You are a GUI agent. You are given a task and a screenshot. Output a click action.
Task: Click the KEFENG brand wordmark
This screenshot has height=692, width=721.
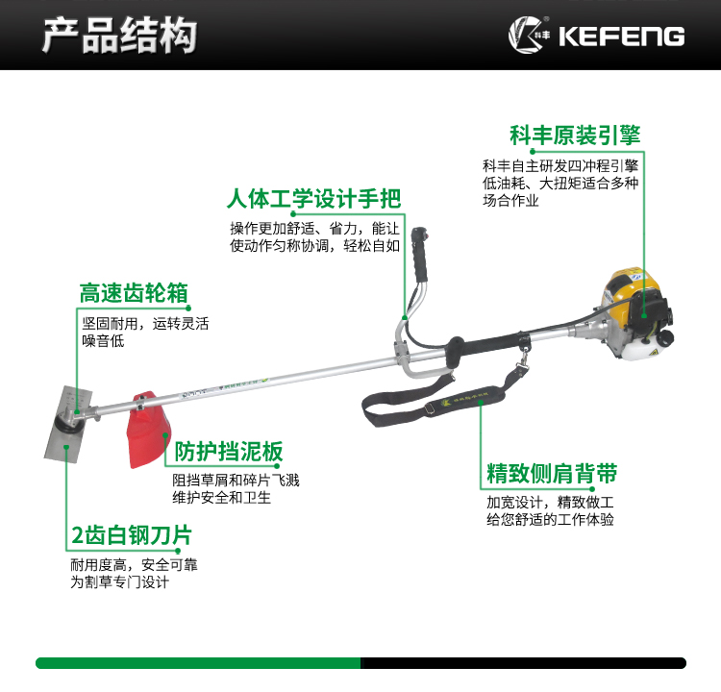coord(622,37)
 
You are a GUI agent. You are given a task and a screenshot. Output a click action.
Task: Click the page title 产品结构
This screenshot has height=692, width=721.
coord(119,35)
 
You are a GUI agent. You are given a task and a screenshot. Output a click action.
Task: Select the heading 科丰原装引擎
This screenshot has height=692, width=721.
coord(575,136)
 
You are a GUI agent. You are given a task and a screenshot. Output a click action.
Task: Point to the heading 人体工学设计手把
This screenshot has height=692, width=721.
coord(314,199)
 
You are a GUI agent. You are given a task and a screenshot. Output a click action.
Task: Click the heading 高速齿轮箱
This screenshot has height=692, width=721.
coord(134,293)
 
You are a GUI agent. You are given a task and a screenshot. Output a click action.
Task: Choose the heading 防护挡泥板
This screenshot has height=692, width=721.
coord(229,451)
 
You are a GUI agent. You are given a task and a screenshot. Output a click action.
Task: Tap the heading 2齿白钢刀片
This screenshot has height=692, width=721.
coord(132,535)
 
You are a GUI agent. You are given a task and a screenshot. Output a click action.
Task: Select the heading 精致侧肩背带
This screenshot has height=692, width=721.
coord(552,473)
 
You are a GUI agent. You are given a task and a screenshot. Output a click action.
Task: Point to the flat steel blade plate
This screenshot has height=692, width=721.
coord(67,425)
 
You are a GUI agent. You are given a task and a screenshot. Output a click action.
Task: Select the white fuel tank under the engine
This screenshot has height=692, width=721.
coord(639,349)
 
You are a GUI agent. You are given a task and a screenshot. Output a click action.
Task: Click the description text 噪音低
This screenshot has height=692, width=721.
coord(103,340)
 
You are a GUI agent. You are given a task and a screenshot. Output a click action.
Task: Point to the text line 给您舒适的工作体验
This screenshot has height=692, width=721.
coord(551,520)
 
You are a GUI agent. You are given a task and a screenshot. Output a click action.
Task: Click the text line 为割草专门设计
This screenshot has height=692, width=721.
coord(119,582)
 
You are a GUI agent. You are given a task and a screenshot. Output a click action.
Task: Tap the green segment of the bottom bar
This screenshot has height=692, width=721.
coord(198,663)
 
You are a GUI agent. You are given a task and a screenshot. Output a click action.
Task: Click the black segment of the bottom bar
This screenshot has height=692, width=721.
coord(524,663)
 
